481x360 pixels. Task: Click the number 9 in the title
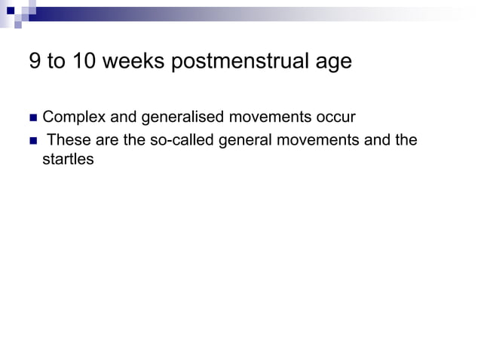(x=35, y=62)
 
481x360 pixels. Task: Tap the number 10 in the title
(x=85, y=62)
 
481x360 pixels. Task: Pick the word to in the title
(x=57, y=62)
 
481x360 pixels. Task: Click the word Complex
(x=74, y=118)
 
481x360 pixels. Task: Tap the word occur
(x=335, y=117)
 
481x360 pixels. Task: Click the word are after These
(x=105, y=140)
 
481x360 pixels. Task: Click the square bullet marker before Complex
(x=32, y=118)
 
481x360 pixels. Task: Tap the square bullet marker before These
(x=32, y=141)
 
